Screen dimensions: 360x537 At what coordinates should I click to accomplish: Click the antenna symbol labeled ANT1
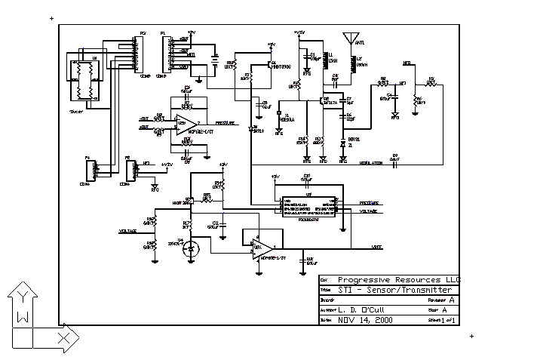click(350, 38)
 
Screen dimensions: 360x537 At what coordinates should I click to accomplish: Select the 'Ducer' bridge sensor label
click(76, 111)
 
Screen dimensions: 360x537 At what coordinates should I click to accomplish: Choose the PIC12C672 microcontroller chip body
click(309, 208)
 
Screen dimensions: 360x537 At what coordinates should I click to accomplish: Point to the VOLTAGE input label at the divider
click(127, 231)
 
